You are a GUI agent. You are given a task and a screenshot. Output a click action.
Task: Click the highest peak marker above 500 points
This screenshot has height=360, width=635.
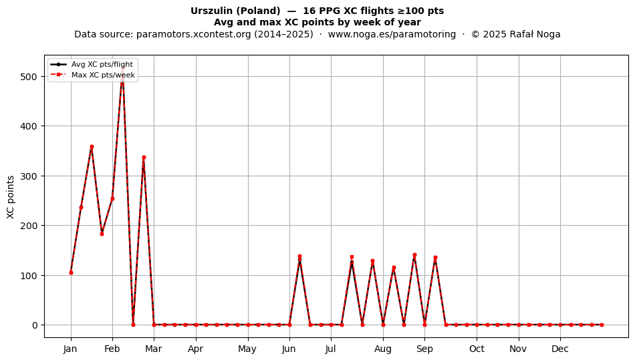(123, 69)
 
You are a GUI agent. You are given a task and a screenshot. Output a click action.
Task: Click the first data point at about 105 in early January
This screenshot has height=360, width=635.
(71, 273)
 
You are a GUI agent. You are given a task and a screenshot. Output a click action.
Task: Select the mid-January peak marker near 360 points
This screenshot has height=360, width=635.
(92, 147)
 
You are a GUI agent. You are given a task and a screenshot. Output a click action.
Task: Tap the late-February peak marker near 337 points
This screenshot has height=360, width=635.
(144, 158)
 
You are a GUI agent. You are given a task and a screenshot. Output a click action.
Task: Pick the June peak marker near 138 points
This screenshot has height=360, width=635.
(299, 256)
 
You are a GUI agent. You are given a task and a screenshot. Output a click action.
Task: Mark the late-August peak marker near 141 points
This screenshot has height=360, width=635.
(414, 255)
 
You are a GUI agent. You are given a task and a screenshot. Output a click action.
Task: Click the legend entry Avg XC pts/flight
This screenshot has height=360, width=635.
(102, 64)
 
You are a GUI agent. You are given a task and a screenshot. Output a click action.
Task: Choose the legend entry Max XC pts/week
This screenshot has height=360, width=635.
(103, 75)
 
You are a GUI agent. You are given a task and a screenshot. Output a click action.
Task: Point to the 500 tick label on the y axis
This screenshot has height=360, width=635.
(28, 76)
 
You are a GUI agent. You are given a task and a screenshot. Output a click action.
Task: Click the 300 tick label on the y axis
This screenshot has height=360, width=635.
(28, 176)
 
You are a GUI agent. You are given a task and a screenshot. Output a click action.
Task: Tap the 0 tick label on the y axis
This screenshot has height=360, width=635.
(35, 325)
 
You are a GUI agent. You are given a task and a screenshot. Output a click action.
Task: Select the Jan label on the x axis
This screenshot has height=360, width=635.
(70, 349)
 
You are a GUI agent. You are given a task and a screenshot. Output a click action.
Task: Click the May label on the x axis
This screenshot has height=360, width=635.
(247, 349)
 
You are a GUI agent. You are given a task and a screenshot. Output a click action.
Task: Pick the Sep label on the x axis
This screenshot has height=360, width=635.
(424, 349)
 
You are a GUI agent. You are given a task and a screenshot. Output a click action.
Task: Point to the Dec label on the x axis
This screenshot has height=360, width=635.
(560, 349)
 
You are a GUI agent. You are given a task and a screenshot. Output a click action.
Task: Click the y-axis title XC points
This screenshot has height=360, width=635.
(11, 197)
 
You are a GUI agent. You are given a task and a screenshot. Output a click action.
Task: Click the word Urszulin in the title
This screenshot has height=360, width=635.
(212, 11)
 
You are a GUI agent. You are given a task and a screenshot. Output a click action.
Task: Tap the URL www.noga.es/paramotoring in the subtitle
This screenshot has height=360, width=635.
(392, 34)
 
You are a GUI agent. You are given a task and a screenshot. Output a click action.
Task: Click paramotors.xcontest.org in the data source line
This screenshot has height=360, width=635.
(194, 34)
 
